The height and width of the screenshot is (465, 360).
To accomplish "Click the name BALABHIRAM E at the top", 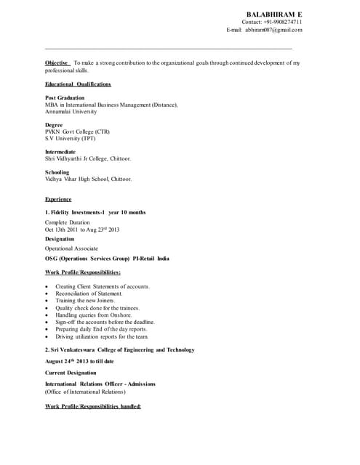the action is [x=274, y=15].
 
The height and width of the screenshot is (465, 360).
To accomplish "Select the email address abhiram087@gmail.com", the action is [x=273, y=30].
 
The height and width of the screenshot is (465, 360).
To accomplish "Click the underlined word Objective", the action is [x=57, y=63].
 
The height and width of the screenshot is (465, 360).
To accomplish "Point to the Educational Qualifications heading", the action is [x=78, y=84].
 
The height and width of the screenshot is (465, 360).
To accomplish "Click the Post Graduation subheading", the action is [x=65, y=97].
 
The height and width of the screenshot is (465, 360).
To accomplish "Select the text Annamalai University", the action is [x=71, y=112].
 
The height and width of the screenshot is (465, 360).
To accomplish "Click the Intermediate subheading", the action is [x=60, y=152].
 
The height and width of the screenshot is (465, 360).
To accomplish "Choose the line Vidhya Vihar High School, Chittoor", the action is [x=89, y=179].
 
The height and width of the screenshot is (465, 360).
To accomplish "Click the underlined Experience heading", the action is [x=58, y=199].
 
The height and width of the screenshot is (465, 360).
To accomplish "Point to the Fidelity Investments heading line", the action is [x=95, y=212].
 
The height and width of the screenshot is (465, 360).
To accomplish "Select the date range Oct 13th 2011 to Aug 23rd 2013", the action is [x=82, y=230].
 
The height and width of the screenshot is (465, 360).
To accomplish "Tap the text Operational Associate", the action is [x=71, y=248].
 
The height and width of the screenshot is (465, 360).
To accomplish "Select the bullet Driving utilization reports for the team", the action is [x=102, y=336].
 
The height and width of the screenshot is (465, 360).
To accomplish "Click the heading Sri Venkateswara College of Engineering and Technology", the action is [x=120, y=349].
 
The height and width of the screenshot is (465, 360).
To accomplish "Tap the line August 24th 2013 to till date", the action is [x=79, y=361].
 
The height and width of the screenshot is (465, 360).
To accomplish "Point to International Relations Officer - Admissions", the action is [x=100, y=384].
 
